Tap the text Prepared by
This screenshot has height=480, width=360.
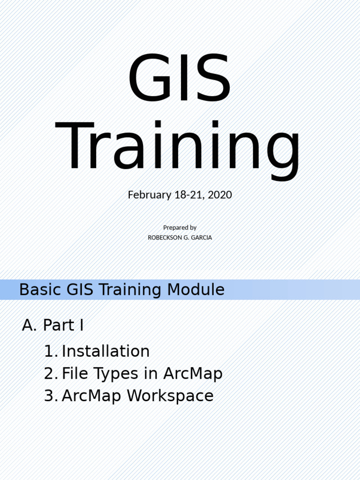tap(180, 227)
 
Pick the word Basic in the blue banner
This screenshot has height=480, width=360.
tap(41, 290)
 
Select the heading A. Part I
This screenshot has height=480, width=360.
tap(53, 325)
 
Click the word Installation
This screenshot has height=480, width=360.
tap(105, 351)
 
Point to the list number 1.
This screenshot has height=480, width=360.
tap(49, 351)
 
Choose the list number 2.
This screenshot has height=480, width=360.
tap(49, 374)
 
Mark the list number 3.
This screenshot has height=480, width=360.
tap(49, 396)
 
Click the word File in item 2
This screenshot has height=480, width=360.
tap(75, 374)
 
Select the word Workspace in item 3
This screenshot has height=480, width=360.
tap(170, 396)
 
